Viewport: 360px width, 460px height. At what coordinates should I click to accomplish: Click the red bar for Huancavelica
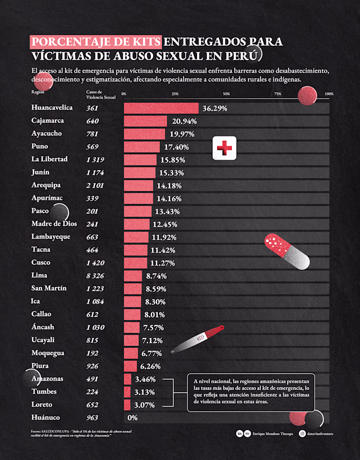[161, 108]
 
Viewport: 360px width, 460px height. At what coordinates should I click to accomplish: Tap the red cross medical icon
[224, 149]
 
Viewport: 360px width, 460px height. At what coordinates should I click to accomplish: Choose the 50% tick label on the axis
[226, 94]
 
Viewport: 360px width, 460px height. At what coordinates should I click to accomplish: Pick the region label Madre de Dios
[54, 224]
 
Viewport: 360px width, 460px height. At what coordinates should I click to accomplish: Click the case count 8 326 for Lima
[96, 275]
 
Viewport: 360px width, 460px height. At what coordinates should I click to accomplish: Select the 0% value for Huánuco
[133, 418]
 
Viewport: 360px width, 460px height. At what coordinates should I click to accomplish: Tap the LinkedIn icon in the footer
[240, 434]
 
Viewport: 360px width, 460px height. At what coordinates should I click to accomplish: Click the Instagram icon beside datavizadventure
[302, 434]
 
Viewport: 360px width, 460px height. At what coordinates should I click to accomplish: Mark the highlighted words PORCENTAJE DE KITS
[97, 42]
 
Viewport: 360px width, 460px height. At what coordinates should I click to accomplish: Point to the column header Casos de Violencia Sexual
[101, 94]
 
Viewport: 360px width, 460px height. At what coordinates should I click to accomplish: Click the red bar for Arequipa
[138, 186]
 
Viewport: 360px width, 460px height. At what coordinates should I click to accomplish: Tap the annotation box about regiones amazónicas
[251, 392]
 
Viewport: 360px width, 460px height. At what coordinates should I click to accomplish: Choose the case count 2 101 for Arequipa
[96, 186]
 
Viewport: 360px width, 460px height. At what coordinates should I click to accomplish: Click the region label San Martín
[49, 288]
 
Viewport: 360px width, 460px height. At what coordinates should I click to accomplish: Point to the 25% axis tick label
[175, 94]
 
